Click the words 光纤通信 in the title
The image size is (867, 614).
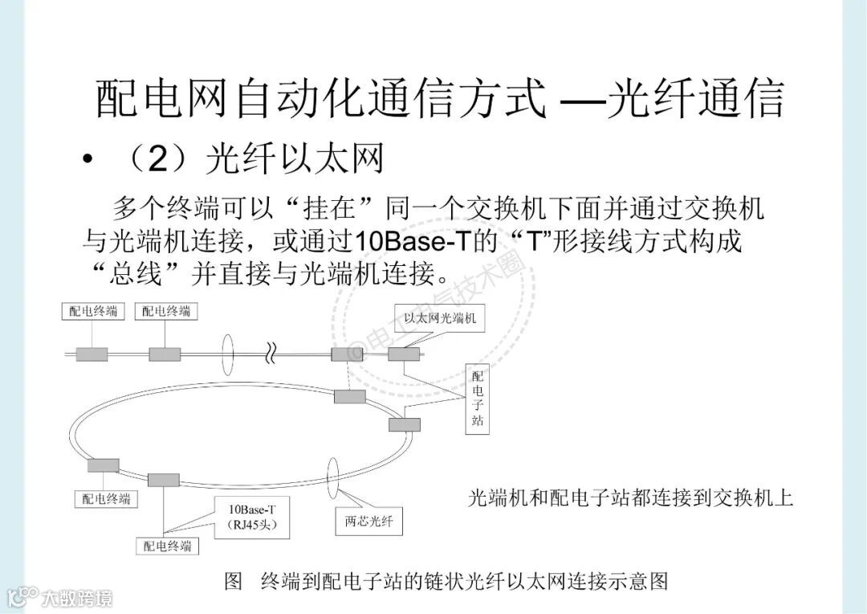tap(695, 99)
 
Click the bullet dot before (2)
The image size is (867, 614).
tap(88, 160)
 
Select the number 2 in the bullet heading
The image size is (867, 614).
tap(158, 160)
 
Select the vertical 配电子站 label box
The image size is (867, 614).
tap(478, 399)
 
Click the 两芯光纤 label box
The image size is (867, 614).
tap(368, 521)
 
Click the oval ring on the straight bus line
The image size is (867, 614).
tap(227, 354)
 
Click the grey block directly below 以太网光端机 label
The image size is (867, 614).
tap(404, 354)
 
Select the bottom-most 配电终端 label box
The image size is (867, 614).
tap(168, 546)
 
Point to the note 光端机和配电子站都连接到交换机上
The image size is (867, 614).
tap(630, 498)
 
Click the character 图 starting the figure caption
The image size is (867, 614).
tap(234, 581)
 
